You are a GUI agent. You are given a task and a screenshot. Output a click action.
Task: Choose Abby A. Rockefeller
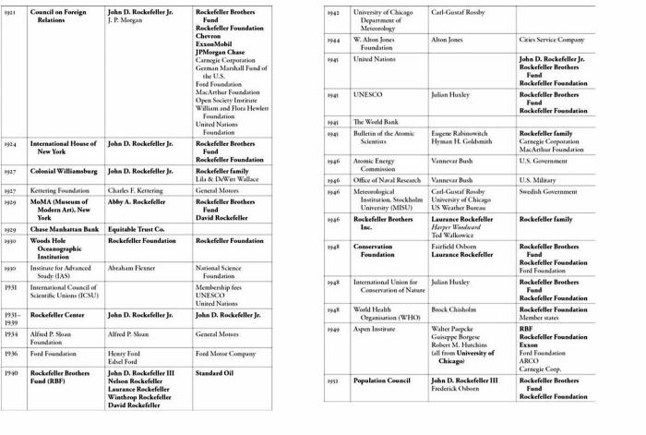click(x=137, y=201)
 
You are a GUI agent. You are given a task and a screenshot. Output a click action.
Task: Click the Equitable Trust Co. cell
click(x=136, y=228)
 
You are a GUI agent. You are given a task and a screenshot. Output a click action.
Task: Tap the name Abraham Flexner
click(x=131, y=268)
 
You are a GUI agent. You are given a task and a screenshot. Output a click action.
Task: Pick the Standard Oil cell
click(x=217, y=373)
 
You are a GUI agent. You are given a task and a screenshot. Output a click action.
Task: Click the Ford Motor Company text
click(x=225, y=354)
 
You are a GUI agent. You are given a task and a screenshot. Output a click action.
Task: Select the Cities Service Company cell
click(x=552, y=40)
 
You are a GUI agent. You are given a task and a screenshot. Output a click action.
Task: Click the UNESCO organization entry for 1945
click(x=368, y=94)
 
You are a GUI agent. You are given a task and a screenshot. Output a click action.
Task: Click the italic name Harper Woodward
click(x=461, y=227)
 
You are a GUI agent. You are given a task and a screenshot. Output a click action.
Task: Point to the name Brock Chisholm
click(x=452, y=309)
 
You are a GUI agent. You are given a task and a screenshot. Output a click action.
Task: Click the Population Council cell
click(x=381, y=380)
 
